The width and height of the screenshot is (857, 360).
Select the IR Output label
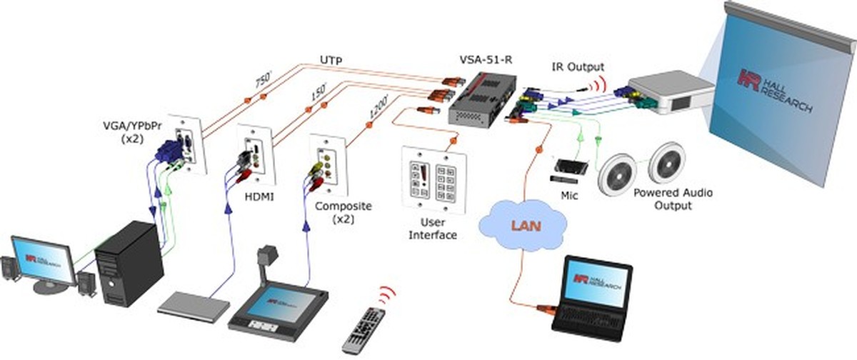pos(578,67)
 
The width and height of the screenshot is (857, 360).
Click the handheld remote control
pos(365,329)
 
